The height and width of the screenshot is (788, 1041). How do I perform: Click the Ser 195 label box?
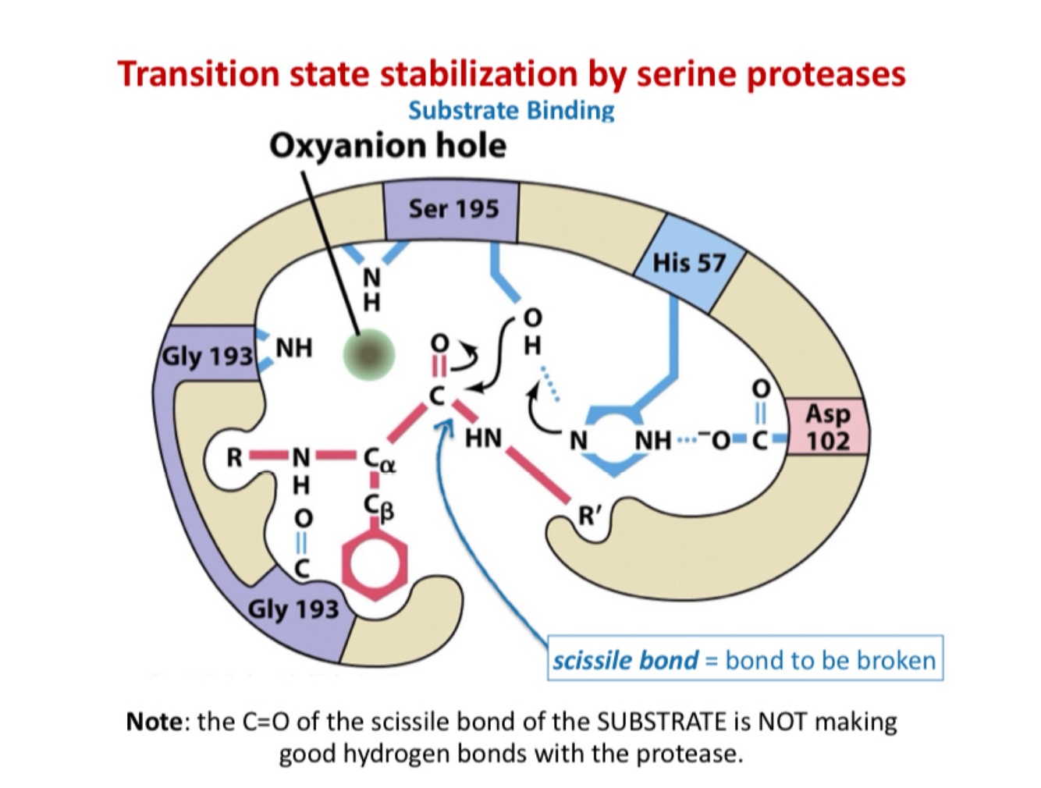click(453, 209)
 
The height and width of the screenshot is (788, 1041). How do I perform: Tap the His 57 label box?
click(689, 263)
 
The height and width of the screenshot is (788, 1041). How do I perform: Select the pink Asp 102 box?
click(827, 427)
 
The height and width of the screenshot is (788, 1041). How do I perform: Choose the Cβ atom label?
click(378, 508)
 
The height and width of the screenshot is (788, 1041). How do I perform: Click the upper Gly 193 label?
click(208, 357)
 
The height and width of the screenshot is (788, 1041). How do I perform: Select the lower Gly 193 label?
click(293, 609)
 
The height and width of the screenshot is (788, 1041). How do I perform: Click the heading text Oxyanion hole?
click(387, 146)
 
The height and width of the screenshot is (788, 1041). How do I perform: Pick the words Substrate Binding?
click(511, 110)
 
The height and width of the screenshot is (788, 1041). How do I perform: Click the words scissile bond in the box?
click(625, 660)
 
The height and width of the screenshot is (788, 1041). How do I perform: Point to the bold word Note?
click(154, 722)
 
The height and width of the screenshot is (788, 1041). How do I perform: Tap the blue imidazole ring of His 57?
click(616, 441)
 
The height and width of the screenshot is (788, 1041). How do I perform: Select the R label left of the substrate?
click(234, 458)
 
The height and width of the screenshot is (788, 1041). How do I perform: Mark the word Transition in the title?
click(199, 74)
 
